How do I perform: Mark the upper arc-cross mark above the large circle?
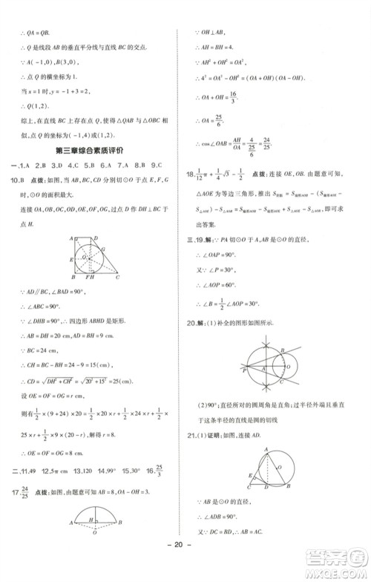click(x=267, y=339)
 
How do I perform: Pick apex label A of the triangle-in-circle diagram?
click(x=263, y=450)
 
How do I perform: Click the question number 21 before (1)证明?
click(x=193, y=434)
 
